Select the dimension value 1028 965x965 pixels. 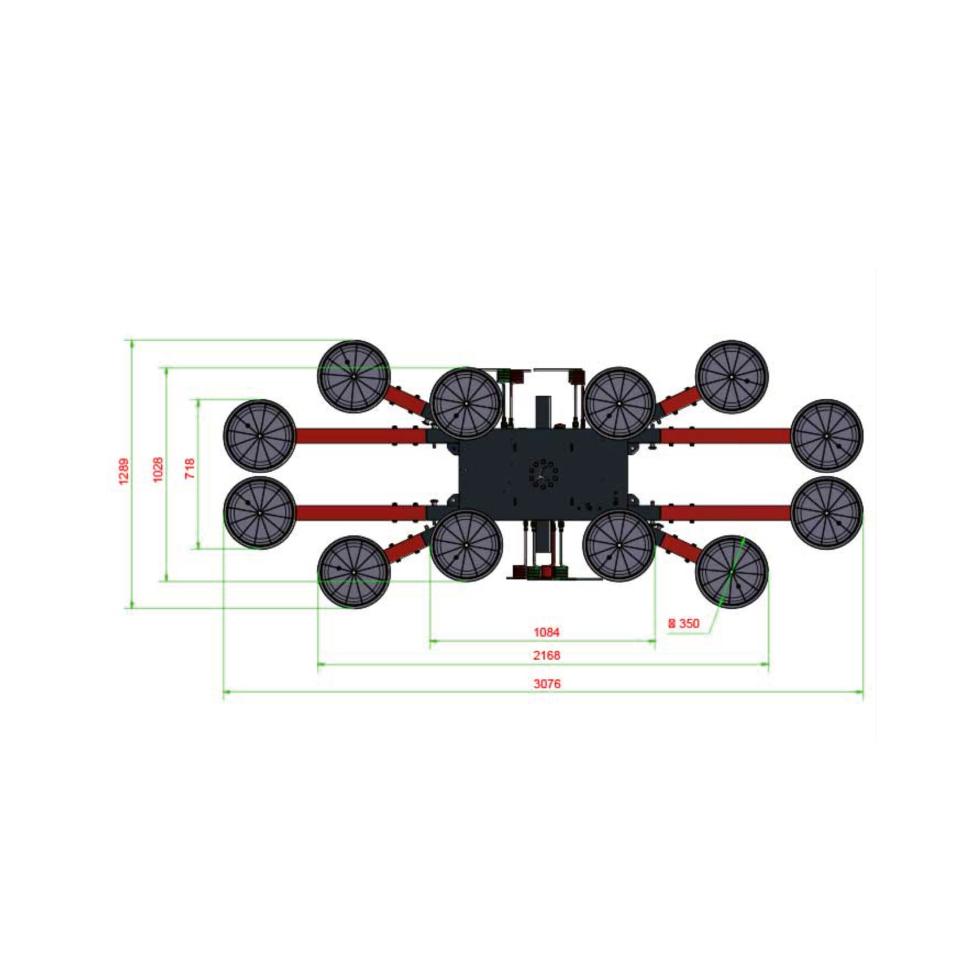click(158, 469)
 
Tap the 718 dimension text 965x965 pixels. click(190, 469)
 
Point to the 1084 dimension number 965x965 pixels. click(547, 632)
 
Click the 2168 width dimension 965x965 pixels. click(547, 655)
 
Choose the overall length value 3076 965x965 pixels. click(547, 684)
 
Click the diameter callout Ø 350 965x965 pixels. click(684, 623)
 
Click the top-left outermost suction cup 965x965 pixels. click(354, 376)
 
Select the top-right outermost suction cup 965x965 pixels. click(732, 376)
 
